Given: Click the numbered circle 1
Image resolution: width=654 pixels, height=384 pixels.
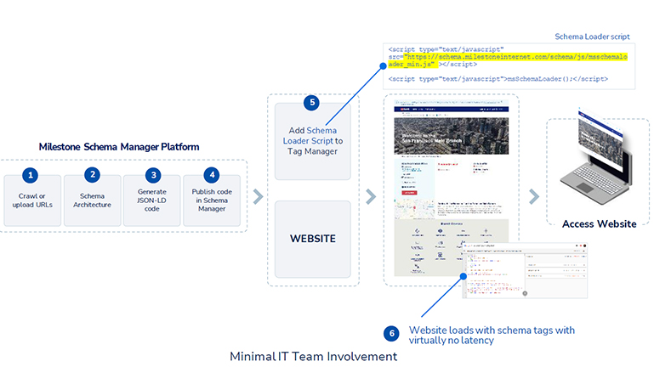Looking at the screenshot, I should coord(31,175).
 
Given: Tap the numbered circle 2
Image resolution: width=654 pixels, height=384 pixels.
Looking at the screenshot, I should coord(92,175).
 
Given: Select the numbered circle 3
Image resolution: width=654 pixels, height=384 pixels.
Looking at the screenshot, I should coord(153,175).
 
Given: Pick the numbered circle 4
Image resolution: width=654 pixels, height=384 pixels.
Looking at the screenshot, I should coord(212,175).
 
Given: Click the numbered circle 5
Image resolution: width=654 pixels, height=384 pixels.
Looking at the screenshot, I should coord(312,103).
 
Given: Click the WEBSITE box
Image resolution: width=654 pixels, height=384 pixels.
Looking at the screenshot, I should coord(312,239).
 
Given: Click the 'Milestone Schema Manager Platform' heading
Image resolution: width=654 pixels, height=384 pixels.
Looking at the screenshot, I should coord(119,147).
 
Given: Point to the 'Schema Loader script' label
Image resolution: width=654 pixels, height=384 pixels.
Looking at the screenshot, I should coord(592,37).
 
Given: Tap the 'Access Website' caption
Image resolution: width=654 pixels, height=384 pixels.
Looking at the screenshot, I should coord(599,224).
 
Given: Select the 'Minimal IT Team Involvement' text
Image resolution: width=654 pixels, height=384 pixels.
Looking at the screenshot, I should coord(313,357).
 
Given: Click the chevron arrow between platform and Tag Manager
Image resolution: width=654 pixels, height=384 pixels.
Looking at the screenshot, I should coord(258,197).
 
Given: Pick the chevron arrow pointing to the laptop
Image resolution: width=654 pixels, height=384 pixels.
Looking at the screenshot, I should coord(533,197).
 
